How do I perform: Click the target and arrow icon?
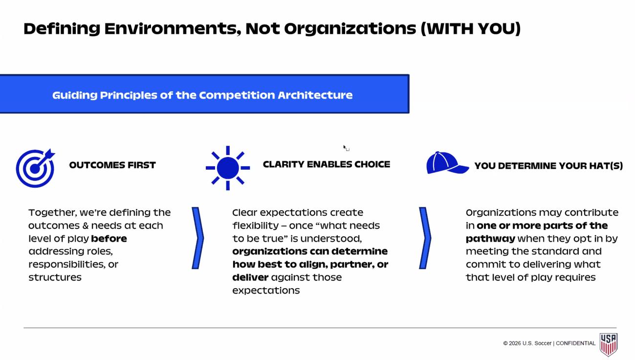click(x=35, y=168)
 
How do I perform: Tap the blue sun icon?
click(x=228, y=168)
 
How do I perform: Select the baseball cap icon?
click(x=447, y=162)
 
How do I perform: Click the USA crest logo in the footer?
click(x=608, y=344)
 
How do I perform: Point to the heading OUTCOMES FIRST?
click(x=112, y=165)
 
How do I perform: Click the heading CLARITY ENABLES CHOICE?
click(x=327, y=164)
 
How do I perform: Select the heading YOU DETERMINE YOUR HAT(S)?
click(x=548, y=166)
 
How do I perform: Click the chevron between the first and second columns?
click(x=197, y=238)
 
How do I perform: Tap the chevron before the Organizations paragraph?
click(x=425, y=238)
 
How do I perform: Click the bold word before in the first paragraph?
click(x=109, y=238)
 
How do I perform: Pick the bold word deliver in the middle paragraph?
click(x=250, y=277)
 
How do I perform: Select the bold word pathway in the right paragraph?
click(x=490, y=239)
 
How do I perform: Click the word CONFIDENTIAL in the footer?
click(x=576, y=343)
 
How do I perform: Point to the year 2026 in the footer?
click(x=515, y=343)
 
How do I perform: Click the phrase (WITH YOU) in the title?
click(x=471, y=28)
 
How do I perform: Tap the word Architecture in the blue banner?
click(x=315, y=95)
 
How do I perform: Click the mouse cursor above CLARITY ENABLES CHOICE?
click(x=346, y=148)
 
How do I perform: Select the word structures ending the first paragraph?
click(x=55, y=277)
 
